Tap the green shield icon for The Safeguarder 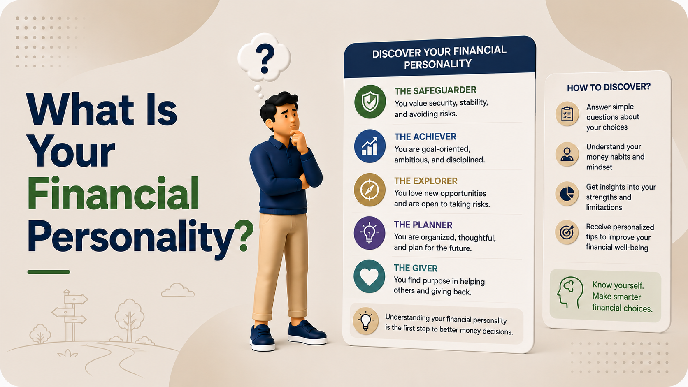[370, 102]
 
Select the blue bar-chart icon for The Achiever [370, 146]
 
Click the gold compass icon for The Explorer [370, 190]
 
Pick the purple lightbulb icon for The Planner [369, 233]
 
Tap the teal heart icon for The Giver [369, 276]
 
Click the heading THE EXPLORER [426, 181]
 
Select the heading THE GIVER [416, 268]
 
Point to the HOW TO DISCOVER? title [609, 88]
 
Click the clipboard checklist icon [567, 114]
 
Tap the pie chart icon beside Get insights [567, 194]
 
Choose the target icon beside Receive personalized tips [567, 232]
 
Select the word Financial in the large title [113, 193]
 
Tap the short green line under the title [49, 272]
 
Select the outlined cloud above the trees [178, 290]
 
